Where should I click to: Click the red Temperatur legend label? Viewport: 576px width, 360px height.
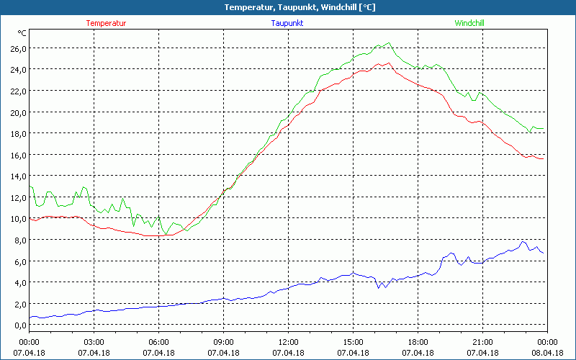click(x=106, y=23)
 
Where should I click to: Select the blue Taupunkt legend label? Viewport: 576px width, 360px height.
click(x=288, y=23)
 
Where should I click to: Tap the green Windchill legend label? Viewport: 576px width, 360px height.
click(x=469, y=23)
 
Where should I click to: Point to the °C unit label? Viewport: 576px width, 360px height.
click(x=22, y=33)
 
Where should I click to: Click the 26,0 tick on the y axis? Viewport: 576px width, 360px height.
click(x=18, y=48)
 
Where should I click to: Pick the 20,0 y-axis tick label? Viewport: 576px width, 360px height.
click(x=18, y=112)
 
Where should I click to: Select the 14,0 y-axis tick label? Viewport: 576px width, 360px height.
click(x=18, y=176)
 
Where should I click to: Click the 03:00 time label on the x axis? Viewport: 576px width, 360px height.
click(x=94, y=341)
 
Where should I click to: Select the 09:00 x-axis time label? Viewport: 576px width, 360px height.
click(x=223, y=341)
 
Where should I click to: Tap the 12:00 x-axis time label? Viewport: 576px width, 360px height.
click(x=288, y=341)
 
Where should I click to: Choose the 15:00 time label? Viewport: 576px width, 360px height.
click(x=353, y=341)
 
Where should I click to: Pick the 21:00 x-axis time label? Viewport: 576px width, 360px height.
click(x=482, y=341)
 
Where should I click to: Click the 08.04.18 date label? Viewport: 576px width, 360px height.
click(x=547, y=353)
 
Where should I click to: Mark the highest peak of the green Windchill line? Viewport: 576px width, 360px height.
click(x=389, y=42)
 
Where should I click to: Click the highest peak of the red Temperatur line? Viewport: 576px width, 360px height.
click(x=389, y=63)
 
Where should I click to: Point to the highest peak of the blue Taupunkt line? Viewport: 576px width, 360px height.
click(x=523, y=241)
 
